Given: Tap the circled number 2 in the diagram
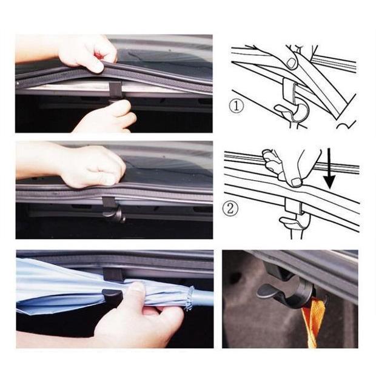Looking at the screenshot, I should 230,209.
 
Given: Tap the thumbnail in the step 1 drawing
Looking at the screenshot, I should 292,62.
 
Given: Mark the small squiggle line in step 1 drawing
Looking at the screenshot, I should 346,124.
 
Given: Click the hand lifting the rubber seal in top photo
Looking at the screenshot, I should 88,52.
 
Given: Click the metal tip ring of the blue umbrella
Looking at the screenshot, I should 190,297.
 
